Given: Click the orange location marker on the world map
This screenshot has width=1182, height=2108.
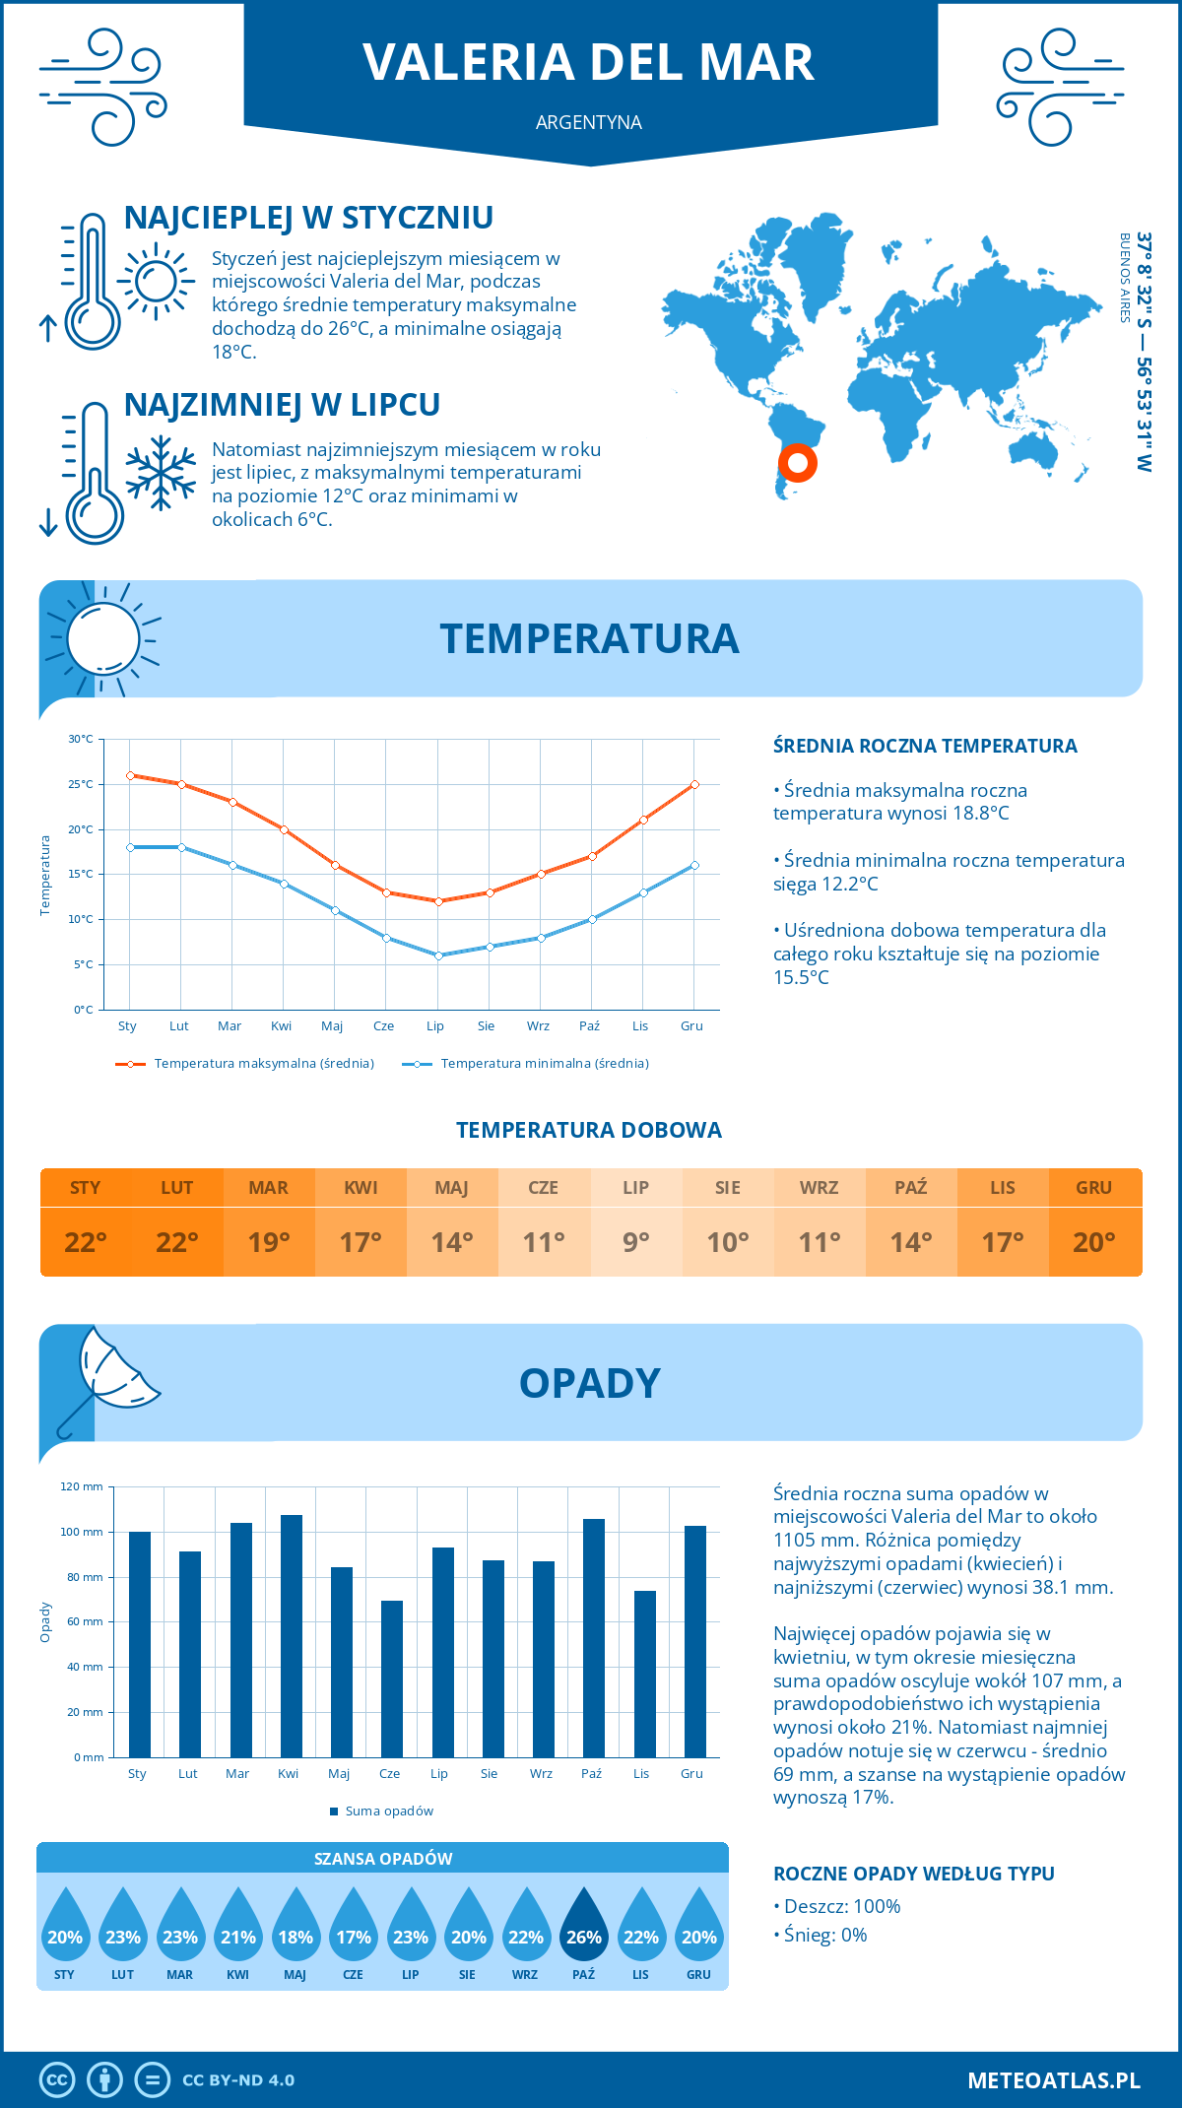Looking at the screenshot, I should (797, 462).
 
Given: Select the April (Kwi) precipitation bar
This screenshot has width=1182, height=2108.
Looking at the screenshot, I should (292, 1635).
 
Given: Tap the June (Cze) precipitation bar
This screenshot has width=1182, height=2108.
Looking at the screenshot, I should (392, 1679).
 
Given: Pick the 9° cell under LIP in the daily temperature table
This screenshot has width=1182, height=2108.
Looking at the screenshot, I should (635, 1242).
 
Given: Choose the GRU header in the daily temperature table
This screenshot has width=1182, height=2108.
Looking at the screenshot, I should (1093, 1187).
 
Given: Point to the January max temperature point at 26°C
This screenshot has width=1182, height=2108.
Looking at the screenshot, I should (130, 775).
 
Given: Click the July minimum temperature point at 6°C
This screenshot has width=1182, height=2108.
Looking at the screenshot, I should (438, 955).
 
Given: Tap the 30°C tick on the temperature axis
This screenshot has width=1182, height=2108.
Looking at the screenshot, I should (81, 739).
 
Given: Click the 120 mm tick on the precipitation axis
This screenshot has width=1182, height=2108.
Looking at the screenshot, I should (82, 1486).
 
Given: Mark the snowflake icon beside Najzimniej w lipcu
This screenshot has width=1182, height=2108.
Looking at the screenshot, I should (161, 474).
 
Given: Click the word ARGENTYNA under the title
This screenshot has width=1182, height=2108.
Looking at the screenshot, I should (589, 122).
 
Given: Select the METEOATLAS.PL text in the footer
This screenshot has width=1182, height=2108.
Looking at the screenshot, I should (1053, 2080).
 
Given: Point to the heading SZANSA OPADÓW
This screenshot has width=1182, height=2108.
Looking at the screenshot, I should (382, 1859).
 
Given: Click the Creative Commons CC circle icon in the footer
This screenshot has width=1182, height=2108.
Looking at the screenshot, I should (57, 2080).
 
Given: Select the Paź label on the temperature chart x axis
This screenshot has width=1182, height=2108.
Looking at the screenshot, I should (589, 1026).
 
